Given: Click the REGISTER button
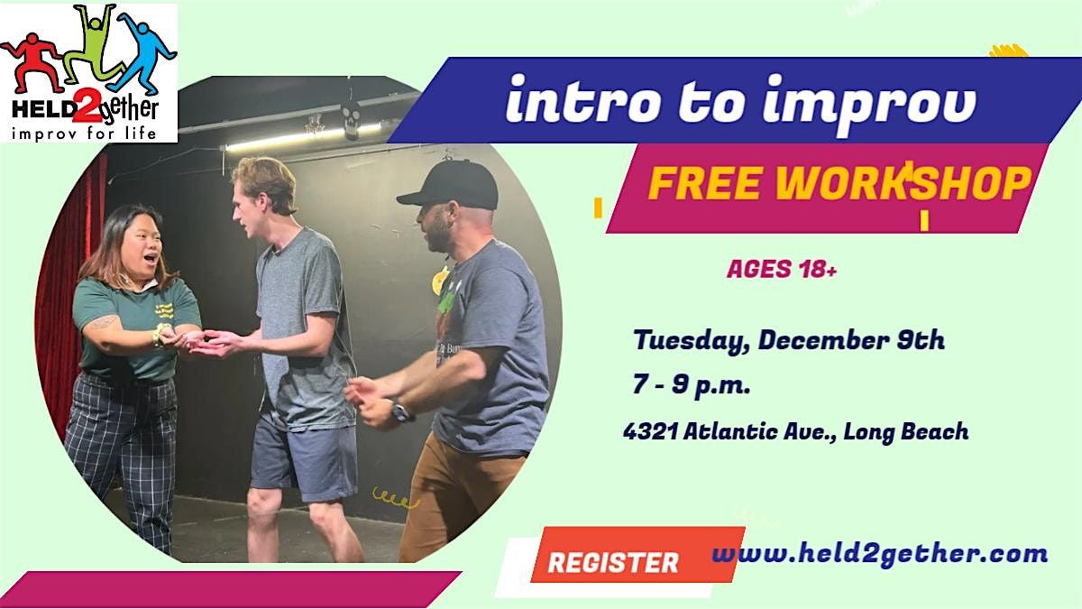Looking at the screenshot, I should point(612,562).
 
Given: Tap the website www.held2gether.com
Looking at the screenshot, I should point(880,553).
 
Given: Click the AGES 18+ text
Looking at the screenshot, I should point(782,270).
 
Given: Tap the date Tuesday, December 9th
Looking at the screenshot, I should point(789,341).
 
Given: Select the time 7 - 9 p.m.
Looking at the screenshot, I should point(692,385).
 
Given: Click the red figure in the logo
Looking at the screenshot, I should point(30,60).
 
